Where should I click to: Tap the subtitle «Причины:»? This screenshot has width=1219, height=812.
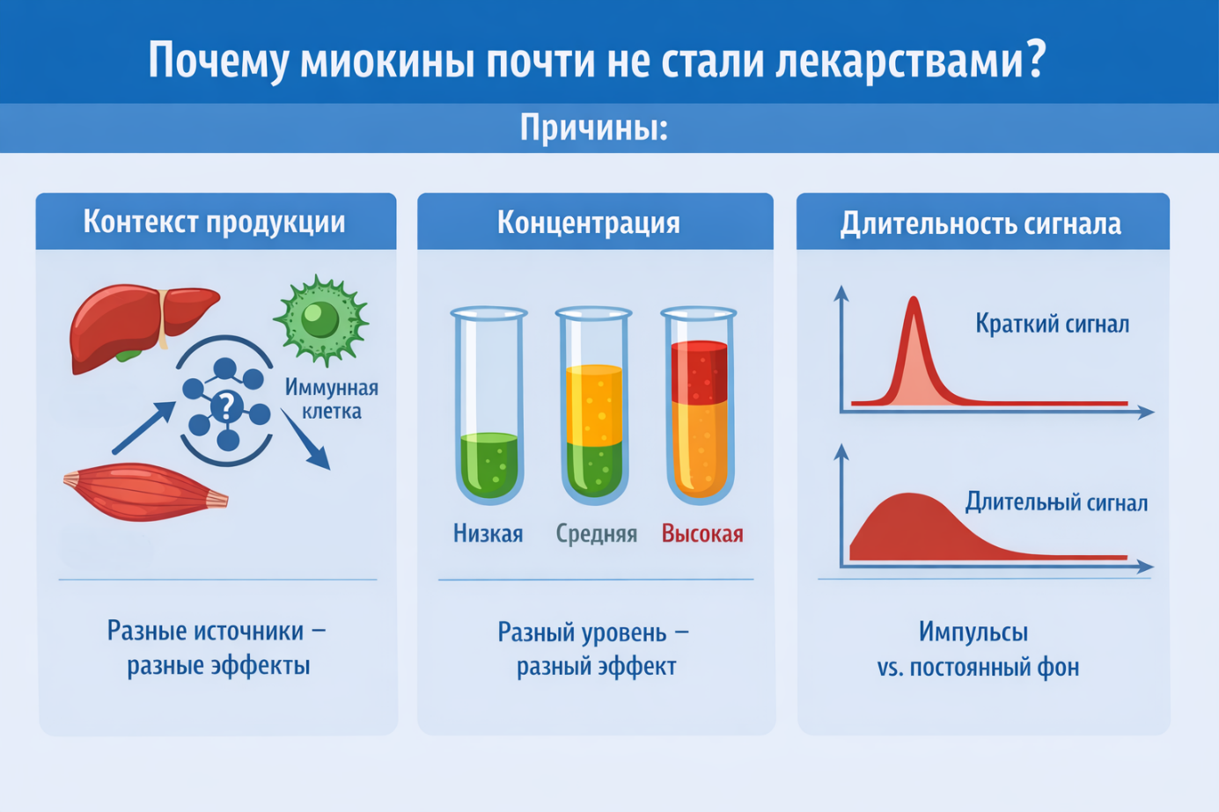(594, 128)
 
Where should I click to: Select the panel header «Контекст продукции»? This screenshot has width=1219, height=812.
(215, 222)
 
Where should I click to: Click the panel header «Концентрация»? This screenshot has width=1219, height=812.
(588, 223)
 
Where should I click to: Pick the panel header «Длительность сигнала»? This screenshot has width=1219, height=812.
(980, 223)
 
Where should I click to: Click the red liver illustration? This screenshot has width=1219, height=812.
(142, 327)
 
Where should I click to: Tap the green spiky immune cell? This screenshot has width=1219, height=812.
(321, 320)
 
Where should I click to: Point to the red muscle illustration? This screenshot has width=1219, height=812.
(144, 492)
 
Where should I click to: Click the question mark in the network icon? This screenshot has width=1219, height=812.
(226, 406)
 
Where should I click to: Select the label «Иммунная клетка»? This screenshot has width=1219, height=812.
(332, 399)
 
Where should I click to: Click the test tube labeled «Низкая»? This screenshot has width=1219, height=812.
(488, 406)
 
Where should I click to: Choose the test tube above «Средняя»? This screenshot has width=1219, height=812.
(594, 406)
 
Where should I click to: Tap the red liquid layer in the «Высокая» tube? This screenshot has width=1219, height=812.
(700, 372)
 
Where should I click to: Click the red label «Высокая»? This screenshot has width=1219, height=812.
(702, 533)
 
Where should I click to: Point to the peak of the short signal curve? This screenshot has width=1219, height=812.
(914, 298)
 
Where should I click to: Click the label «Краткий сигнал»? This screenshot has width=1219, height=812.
(1052, 324)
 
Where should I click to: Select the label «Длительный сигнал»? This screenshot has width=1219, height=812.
(1056, 502)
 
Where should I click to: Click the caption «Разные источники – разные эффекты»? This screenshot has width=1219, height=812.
(217, 648)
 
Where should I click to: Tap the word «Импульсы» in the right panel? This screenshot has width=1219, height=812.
(973, 632)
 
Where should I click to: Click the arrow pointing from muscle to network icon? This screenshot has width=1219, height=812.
(144, 428)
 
